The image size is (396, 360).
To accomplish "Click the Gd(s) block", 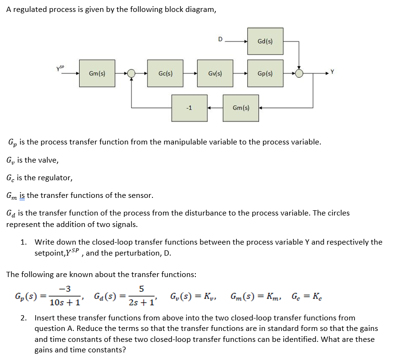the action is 265,41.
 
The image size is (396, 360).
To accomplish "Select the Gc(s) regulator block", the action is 165,73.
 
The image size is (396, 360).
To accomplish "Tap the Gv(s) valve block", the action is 215,73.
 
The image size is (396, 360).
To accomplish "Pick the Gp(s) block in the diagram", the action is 265,73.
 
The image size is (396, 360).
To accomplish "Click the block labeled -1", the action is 189,108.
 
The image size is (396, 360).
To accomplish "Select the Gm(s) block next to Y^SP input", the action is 97,73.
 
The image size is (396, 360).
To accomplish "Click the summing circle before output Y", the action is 299,73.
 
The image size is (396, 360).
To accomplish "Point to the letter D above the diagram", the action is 220,40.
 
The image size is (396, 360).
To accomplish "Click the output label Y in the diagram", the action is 333,72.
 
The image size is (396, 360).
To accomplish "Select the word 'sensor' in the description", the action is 139,195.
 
